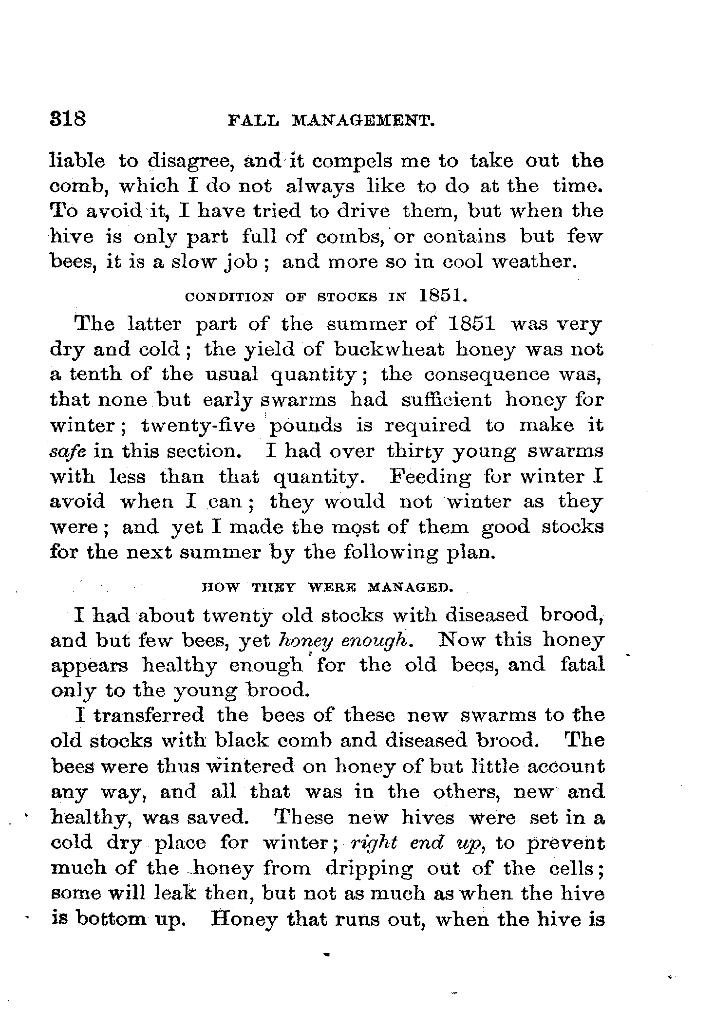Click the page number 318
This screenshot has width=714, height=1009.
(68, 119)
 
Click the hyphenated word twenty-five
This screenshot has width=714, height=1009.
(199, 426)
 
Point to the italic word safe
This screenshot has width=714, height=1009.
(68, 451)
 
